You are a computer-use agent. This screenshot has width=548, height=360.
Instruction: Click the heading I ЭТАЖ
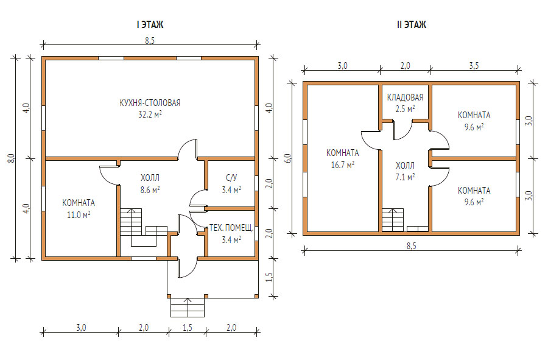pos(150,24)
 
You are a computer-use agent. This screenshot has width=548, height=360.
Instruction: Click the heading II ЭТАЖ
pos(412,24)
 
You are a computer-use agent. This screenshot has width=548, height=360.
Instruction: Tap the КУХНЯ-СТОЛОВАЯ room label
pos(150,103)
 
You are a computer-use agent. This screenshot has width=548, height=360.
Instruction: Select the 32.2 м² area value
pos(150,115)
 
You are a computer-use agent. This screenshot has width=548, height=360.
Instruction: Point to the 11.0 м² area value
pos(79,214)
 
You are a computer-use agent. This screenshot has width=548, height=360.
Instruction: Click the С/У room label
pos(231,177)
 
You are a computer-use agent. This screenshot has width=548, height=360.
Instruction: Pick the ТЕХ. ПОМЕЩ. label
pos(231,228)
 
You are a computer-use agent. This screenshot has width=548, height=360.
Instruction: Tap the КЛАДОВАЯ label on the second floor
pos(405,97)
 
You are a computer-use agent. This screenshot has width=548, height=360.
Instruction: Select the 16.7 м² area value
pos(342,164)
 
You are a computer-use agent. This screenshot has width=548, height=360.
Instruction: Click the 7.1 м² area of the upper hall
pos(405,177)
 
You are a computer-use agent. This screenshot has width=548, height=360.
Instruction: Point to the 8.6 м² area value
pos(150,190)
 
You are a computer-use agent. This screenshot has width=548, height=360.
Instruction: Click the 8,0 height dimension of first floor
pos(12,158)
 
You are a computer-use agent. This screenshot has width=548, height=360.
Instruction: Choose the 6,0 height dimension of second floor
pos(287,158)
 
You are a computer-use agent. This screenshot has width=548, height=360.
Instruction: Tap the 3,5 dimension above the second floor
pos(474,65)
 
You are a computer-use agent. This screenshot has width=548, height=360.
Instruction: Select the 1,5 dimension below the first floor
pos(188,328)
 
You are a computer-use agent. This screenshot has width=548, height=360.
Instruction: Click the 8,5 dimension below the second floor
pos(412,245)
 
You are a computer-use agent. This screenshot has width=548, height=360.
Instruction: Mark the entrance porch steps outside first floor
pos(188,307)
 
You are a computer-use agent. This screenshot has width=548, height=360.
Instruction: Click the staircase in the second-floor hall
pos(393,220)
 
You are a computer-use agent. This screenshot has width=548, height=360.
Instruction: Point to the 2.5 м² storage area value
pos(405,108)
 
